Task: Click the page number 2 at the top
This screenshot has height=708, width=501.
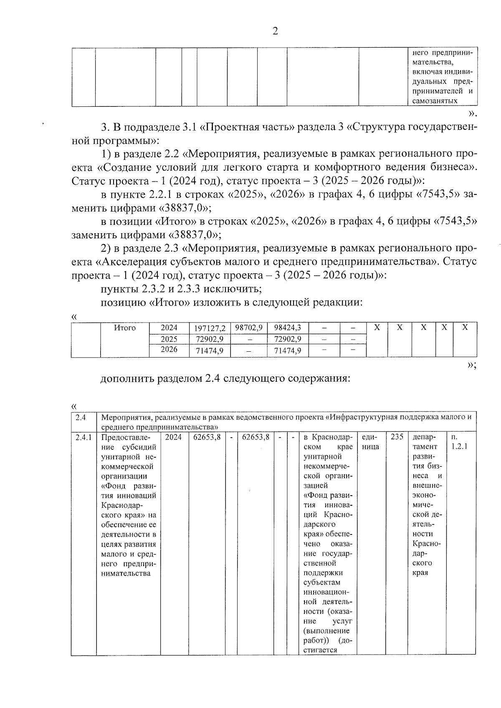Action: point(275,31)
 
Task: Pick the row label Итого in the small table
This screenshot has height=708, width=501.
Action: point(125,328)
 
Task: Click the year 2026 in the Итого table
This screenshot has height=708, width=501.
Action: point(169,350)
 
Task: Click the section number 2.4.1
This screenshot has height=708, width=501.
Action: point(83,437)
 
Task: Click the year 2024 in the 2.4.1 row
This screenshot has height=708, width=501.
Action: point(173,437)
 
